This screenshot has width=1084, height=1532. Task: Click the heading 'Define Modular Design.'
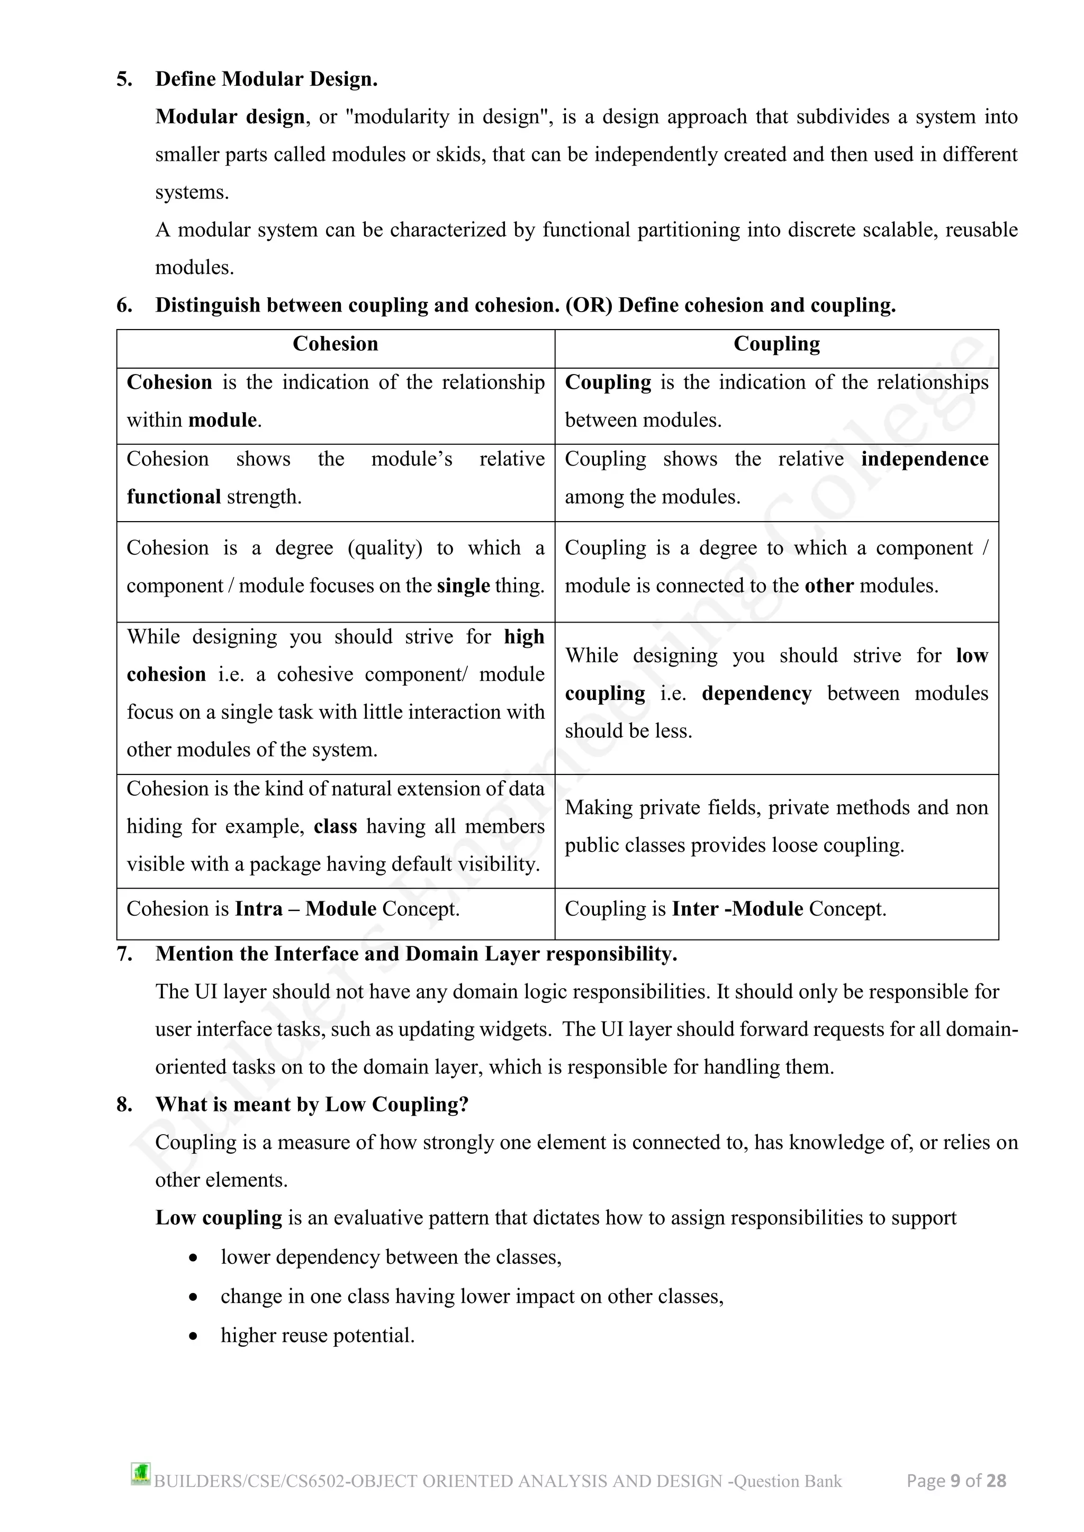pos(266,79)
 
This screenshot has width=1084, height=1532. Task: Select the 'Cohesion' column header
pos(335,344)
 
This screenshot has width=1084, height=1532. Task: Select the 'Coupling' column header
pos(776,344)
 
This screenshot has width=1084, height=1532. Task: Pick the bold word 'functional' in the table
pos(174,497)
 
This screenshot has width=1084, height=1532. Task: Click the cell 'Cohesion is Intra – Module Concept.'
pos(293,909)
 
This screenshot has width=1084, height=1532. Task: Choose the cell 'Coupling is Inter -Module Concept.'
pos(725,909)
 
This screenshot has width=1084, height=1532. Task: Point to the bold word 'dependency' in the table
pos(756,694)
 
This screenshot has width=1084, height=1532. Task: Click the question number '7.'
pos(125,954)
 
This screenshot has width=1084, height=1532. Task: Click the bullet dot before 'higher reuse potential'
pos(193,1336)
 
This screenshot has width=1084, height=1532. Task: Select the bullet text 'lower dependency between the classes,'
pos(391,1257)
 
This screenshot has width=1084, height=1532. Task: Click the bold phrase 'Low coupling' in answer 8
pos(219,1218)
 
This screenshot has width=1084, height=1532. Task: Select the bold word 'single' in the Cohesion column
pos(463,586)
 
